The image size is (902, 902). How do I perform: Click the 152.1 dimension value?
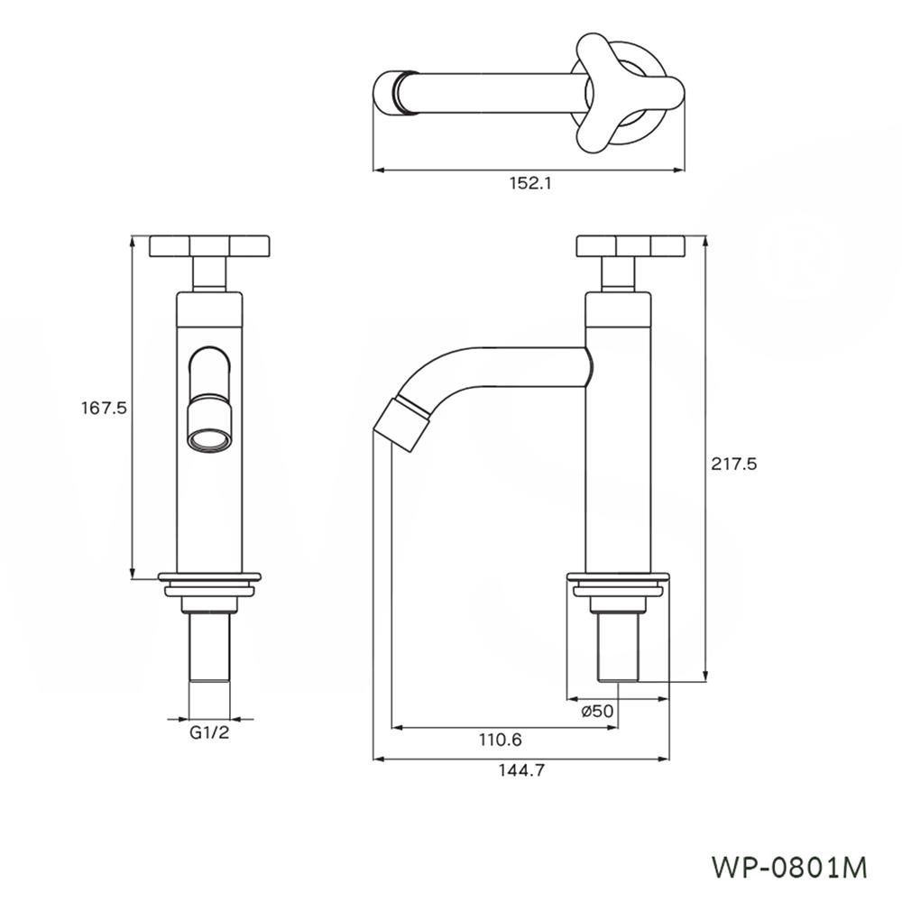(x=529, y=183)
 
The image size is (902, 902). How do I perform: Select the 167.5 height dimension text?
(x=104, y=408)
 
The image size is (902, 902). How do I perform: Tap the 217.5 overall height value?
(x=732, y=464)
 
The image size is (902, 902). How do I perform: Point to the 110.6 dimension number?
(x=500, y=740)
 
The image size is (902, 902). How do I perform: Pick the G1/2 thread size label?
(x=209, y=733)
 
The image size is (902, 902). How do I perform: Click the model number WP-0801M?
(x=789, y=867)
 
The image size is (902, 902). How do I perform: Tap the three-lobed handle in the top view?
(x=621, y=90)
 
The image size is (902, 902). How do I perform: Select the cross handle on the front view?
(x=209, y=245)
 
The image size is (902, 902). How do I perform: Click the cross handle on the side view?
(x=630, y=245)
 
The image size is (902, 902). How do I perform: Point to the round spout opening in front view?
(x=208, y=440)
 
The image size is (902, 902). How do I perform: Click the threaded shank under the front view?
(x=209, y=649)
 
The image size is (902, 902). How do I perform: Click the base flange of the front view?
(x=209, y=576)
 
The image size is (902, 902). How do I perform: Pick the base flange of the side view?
(x=618, y=577)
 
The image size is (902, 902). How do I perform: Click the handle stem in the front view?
(x=209, y=273)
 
